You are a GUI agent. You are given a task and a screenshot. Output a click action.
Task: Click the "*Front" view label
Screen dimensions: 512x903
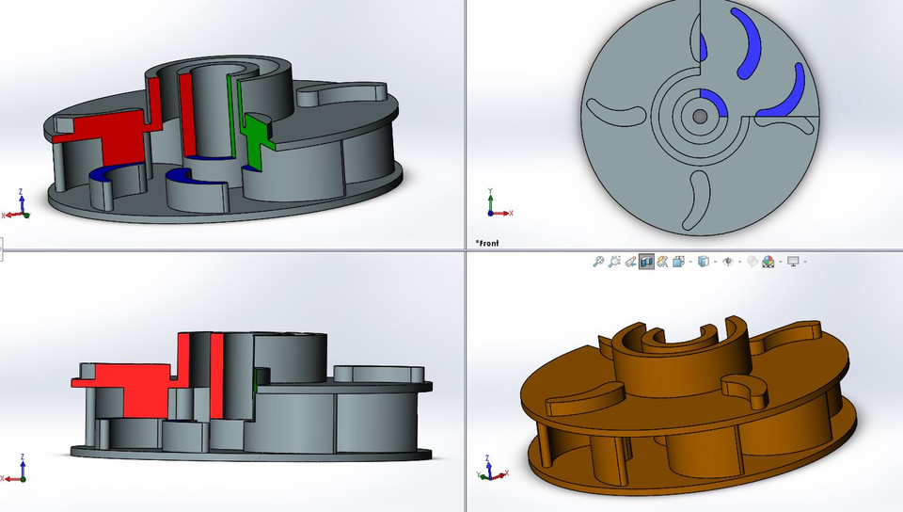(x=487, y=243)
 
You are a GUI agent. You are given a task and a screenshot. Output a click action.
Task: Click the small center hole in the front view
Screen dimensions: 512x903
(x=701, y=115)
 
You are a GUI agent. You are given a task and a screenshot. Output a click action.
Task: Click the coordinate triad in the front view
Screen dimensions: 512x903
(x=494, y=207)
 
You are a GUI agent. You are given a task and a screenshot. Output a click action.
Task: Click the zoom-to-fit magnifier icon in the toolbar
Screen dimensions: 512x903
(x=598, y=262)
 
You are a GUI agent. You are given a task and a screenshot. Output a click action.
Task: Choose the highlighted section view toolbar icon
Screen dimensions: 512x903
(x=646, y=262)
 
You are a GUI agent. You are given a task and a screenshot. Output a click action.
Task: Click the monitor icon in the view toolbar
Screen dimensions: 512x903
(x=794, y=262)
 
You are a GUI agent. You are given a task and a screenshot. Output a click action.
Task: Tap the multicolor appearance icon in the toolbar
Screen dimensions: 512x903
(x=768, y=262)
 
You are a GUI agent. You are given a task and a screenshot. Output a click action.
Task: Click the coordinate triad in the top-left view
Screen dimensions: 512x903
(x=18, y=207)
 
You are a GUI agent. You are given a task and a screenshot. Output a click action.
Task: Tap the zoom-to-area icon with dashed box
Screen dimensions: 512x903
(x=615, y=262)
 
